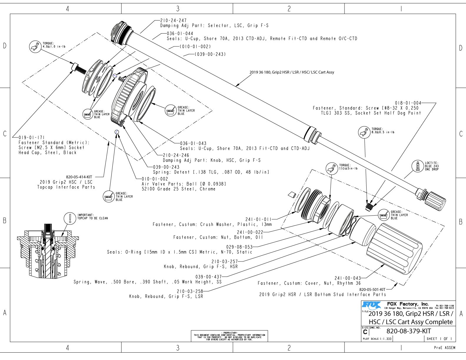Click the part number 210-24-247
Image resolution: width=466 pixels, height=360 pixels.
click(173, 21)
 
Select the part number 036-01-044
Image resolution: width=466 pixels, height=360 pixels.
click(180, 34)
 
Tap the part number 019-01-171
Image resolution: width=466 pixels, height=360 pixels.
click(31, 137)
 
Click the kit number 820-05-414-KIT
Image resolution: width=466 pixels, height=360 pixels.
click(79, 177)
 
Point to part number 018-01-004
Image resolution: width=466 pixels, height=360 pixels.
click(408, 103)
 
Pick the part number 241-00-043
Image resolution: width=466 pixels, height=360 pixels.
click(347, 278)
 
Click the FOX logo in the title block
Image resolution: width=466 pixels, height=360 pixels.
click(372, 304)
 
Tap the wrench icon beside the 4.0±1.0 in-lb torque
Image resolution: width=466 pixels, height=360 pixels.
click(35, 47)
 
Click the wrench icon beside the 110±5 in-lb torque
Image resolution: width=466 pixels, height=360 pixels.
click(332, 169)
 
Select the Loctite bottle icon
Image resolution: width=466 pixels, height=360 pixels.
click(417, 166)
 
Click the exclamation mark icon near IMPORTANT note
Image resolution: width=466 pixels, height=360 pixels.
click(70, 218)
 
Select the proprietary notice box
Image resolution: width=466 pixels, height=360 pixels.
click(229, 336)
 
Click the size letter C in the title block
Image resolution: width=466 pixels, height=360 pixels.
click(365, 332)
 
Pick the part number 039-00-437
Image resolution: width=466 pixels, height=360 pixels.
click(208, 276)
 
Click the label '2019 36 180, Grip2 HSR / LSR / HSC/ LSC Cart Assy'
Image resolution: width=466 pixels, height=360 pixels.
click(292, 72)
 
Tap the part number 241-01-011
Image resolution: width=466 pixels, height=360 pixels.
click(258, 219)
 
